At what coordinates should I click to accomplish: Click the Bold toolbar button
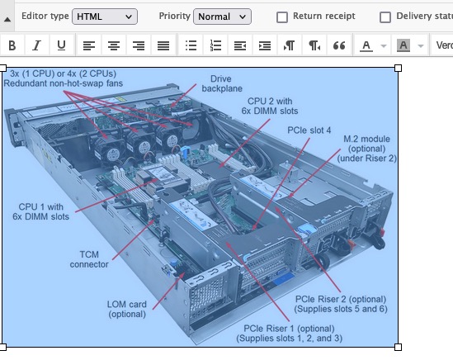tap(12, 45)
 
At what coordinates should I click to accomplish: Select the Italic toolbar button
tap(36, 45)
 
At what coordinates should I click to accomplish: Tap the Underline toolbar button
tap(61, 45)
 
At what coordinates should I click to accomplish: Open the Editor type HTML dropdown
tap(105, 17)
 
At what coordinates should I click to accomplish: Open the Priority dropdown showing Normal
tap(222, 17)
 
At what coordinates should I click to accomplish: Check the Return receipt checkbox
tap(282, 17)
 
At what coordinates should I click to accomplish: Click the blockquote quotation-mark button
tap(339, 45)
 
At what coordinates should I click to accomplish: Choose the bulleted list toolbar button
tap(191, 45)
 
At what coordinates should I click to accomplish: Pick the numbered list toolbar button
tap(215, 45)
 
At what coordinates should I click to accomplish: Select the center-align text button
tap(114, 45)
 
